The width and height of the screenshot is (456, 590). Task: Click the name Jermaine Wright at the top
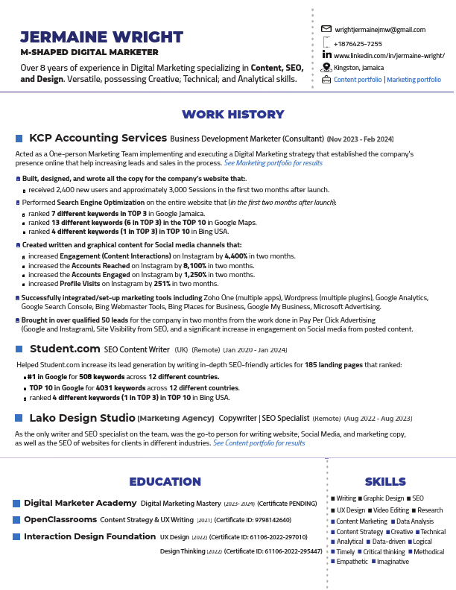[101, 37]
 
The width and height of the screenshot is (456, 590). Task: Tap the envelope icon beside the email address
[326, 29]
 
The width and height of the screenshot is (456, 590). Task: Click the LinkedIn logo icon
[326, 55]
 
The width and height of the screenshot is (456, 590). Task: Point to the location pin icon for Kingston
[326, 67]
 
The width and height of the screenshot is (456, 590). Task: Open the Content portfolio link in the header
[358, 79]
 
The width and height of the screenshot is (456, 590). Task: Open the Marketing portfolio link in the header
[414, 79]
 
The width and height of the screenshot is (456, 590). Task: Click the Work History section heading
[233, 115]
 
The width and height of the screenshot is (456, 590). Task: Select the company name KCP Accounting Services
[98, 138]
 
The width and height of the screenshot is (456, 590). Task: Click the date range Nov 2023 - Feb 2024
[360, 139]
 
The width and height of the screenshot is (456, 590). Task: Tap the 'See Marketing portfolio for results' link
[273, 162]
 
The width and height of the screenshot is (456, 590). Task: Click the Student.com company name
[64, 348]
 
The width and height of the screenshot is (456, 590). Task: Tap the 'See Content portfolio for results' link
[259, 442]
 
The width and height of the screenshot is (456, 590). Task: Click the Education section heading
[165, 482]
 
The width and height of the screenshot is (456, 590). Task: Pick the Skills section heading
[385, 482]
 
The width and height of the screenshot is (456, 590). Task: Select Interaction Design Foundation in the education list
[89, 536]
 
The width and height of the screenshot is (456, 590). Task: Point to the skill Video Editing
[390, 510]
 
